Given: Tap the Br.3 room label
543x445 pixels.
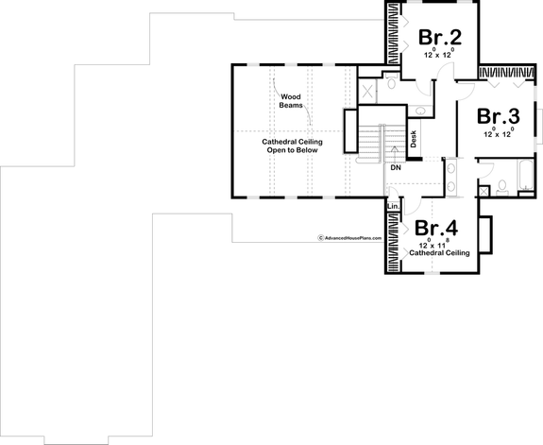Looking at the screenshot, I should click(498, 116).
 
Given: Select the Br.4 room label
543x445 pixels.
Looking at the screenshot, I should click(437, 229).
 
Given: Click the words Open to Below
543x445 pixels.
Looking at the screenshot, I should click(293, 149).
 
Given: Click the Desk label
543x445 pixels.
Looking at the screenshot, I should click(414, 138).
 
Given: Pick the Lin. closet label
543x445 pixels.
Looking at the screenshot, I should click(393, 206).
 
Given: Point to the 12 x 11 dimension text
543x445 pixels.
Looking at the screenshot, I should click(437, 245).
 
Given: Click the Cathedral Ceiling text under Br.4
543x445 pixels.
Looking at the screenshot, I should click(438, 253).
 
